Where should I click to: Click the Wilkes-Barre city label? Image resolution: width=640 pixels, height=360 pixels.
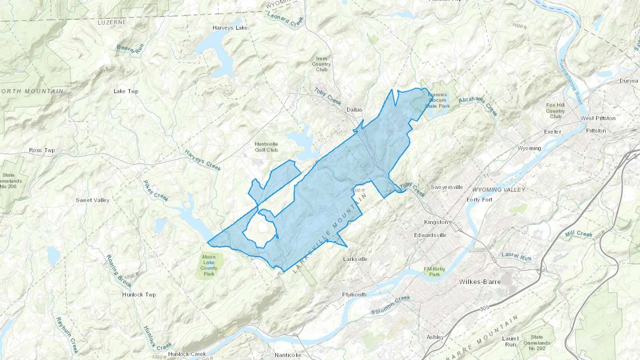click(480, 282)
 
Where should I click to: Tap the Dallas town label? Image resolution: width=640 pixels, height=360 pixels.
click(354, 109)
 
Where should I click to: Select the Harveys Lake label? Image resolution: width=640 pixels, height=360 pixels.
click(230, 28)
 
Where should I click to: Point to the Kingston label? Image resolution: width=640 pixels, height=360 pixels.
click(436, 222)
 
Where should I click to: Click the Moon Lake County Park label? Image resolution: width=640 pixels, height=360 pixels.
click(209, 265)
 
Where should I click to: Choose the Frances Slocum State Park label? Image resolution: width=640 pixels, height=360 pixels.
click(437, 100)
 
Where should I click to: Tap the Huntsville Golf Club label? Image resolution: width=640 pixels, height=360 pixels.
click(266, 147)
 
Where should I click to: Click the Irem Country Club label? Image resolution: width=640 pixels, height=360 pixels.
click(321, 64)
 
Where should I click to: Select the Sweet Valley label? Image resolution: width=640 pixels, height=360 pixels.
click(92, 200)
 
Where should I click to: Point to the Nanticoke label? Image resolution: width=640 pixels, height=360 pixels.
click(288, 355)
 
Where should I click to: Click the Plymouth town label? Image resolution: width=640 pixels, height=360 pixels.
click(354, 295)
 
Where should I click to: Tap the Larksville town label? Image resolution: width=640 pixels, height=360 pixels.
click(355, 259)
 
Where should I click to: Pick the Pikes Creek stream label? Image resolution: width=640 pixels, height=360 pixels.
click(155, 191)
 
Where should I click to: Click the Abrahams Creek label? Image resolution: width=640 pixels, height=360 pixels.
click(478, 105)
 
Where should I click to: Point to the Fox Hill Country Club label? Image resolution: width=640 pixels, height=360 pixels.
click(555, 111)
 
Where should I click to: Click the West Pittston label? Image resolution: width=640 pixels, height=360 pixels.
click(598, 118)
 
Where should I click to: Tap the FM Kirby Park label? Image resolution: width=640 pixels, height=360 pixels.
click(434, 272)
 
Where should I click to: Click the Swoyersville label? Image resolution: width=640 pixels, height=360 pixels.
click(447, 187)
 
